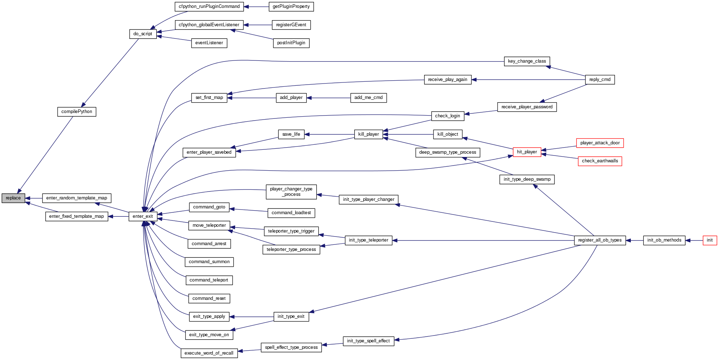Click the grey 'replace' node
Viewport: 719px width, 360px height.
[x=13, y=198]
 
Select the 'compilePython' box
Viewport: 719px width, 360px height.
[x=77, y=112]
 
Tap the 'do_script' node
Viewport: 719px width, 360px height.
[x=143, y=34]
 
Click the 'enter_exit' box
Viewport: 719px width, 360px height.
[x=143, y=216]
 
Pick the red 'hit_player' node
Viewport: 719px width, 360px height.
[x=527, y=152]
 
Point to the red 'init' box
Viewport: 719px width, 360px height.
[x=710, y=240]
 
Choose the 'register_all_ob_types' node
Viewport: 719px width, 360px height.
[x=600, y=240]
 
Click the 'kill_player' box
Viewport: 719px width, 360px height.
[x=368, y=134]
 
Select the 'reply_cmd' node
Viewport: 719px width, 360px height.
[x=600, y=80]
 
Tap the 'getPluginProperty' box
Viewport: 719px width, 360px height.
[x=291, y=6]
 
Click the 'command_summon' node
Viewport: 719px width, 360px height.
[x=209, y=262]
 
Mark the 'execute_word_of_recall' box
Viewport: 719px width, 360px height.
[x=209, y=353]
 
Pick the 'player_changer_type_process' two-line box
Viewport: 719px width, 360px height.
[x=291, y=192]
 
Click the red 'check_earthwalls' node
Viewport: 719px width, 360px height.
[x=600, y=161]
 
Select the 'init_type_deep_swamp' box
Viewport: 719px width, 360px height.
[x=527, y=179]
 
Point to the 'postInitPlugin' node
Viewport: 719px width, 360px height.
[x=291, y=43]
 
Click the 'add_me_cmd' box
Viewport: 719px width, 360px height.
[x=368, y=98]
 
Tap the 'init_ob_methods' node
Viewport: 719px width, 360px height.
[x=664, y=240]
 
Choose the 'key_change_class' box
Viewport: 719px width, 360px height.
[x=527, y=61]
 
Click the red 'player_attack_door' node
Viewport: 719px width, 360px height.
[x=600, y=143]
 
